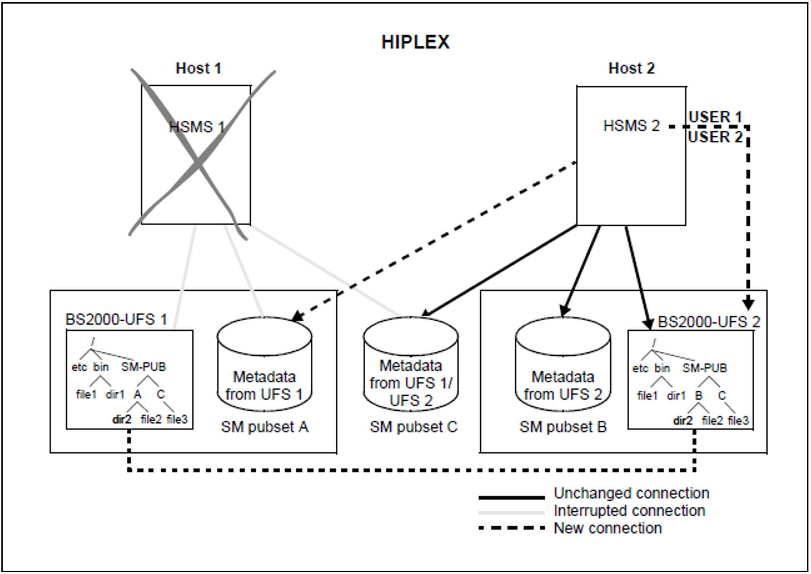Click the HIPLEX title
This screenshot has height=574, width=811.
(415, 42)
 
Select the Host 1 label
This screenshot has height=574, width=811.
(198, 68)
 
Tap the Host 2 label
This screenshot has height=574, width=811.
(631, 68)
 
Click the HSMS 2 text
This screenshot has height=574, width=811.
(631, 126)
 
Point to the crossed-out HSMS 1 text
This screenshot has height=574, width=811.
(197, 127)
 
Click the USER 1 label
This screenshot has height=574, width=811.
(715, 117)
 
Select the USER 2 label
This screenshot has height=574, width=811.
(715, 137)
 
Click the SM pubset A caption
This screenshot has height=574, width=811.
(264, 427)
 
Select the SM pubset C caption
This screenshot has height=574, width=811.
(413, 427)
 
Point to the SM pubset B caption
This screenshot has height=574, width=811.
(563, 427)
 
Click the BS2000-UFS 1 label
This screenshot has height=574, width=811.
(116, 320)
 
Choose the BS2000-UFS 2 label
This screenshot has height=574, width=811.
(709, 322)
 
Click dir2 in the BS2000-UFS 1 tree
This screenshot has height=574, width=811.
(122, 419)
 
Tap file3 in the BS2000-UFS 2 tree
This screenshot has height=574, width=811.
(738, 421)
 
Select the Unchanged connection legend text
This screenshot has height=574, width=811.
(631, 493)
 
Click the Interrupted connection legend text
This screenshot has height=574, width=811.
(629, 511)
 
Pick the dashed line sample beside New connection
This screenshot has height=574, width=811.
(512, 528)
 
